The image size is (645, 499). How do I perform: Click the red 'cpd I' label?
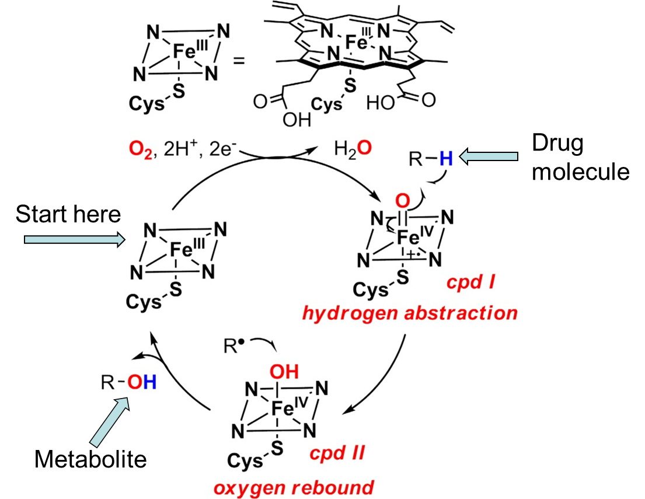click(x=470, y=284)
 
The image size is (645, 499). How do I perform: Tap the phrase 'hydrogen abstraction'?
click(x=409, y=313)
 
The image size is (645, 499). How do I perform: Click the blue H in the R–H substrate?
click(x=445, y=159)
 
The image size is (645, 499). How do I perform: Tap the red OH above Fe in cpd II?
click(x=285, y=372)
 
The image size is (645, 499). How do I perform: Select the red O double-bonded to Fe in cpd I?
click(x=403, y=203)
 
